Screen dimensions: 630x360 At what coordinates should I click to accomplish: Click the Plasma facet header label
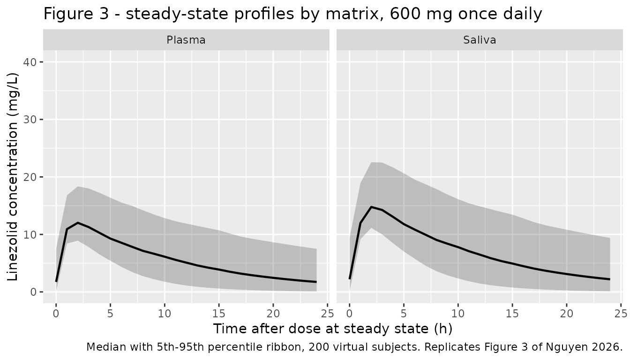tap(186, 40)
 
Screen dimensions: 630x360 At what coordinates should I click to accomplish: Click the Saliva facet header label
tap(480, 40)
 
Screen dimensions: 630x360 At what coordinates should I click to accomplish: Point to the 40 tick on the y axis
tap(30, 62)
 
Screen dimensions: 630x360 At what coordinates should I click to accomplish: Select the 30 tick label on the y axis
tap(30, 120)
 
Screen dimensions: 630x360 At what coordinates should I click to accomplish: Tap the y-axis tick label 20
tap(30, 177)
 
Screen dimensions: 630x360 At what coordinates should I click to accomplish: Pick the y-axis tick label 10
tap(30, 234)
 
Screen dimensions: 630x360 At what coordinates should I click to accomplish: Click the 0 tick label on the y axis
tap(34, 292)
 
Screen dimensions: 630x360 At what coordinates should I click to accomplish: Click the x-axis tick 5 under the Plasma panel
tap(110, 313)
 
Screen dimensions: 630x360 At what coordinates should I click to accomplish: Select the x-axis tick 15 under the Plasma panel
tap(219, 313)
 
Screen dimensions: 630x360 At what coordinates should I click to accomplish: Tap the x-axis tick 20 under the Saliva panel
tap(566, 313)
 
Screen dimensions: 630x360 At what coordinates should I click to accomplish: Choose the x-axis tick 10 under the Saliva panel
tap(458, 313)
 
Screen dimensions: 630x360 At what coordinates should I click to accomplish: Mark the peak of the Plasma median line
tap(78, 223)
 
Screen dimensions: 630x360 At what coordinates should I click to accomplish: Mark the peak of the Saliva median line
tap(371, 207)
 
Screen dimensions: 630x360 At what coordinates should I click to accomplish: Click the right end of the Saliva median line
tap(610, 279)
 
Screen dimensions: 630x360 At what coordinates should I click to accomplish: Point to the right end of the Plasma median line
tap(316, 282)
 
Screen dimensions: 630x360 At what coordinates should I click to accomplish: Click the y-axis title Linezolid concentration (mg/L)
tap(12, 177)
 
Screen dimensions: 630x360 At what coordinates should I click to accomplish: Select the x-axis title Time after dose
tap(267, 329)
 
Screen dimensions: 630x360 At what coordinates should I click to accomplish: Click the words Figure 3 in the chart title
tap(76, 14)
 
